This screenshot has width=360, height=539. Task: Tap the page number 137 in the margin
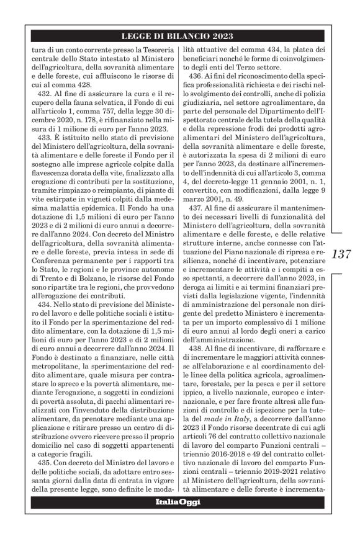point(342,254)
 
